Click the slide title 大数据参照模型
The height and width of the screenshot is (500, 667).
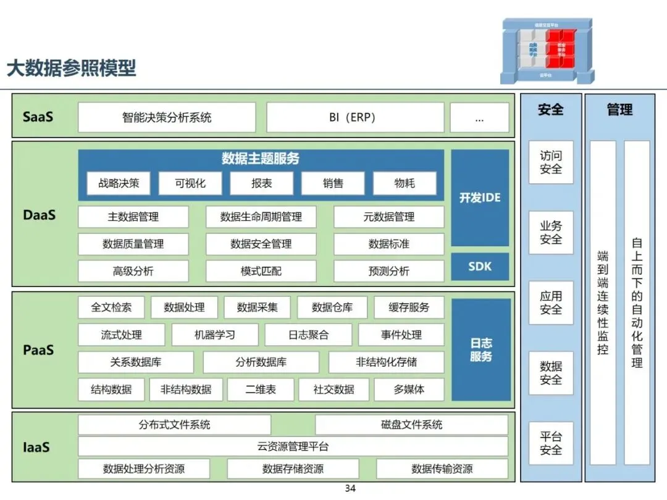(71, 68)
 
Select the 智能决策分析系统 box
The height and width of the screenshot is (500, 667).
(167, 117)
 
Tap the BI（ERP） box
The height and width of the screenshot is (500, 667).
(354, 117)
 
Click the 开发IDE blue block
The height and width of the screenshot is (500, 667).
(480, 198)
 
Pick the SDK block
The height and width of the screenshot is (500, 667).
(480, 267)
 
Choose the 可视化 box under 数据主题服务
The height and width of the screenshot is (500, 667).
(190, 183)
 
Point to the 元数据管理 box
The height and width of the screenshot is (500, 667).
(388, 217)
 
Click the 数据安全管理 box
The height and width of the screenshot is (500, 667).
(261, 244)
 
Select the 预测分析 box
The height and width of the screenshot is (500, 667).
(388, 271)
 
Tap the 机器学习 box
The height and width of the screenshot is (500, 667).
(214, 335)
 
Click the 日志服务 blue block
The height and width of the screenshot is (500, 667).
(481, 349)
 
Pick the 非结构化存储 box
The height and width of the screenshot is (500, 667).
(386, 362)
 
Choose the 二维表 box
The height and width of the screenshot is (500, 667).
(260, 390)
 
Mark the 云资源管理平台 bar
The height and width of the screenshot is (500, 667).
(293, 446)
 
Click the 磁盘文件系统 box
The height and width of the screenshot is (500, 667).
(411, 425)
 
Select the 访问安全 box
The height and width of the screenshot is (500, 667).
(551, 162)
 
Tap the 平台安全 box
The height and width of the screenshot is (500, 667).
(551, 443)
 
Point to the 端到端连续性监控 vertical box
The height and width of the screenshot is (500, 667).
(603, 302)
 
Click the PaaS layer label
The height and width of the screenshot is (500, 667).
(38, 350)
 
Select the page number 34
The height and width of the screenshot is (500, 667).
(350, 489)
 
